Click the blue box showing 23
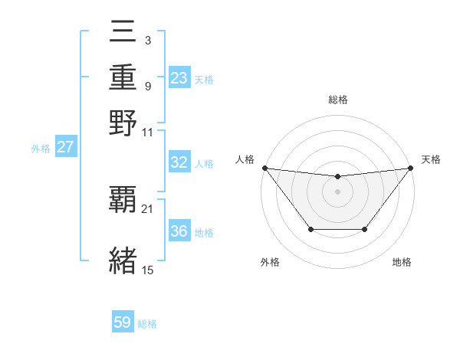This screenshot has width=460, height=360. [x=179, y=78]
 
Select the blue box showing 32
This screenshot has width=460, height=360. [x=179, y=162]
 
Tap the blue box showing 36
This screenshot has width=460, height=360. [x=179, y=231]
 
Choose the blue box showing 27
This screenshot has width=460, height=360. [x=65, y=148]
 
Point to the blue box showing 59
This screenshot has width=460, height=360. [x=123, y=322]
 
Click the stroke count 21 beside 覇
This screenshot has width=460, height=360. [x=148, y=208]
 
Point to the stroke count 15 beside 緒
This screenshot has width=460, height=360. [x=148, y=269]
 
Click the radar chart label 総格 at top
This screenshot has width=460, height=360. [x=338, y=100]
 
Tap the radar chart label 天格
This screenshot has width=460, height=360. [x=431, y=159]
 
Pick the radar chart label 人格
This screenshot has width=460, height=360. [x=245, y=159]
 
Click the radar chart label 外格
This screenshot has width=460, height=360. [x=270, y=262]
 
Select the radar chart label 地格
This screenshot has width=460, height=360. [x=402, y=262]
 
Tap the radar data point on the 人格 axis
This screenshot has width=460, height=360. [x=264, y=168]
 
